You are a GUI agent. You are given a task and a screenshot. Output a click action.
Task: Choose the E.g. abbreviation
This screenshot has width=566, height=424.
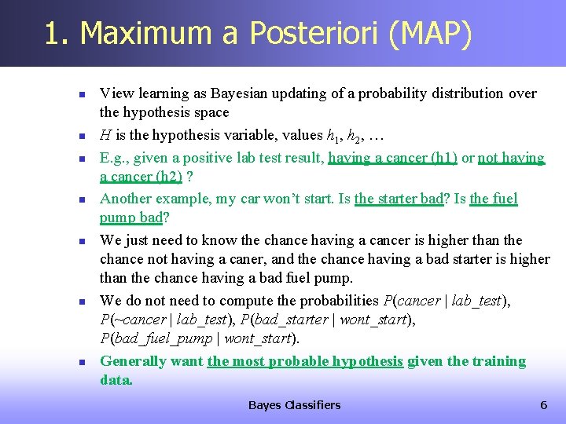point(114,158)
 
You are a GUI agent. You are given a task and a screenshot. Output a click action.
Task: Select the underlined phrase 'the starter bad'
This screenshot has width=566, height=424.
point(399,199)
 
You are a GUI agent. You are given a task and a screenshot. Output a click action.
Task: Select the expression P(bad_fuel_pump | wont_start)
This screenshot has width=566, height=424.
point(200,339)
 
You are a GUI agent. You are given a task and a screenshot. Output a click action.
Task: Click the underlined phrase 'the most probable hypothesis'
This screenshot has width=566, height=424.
point(305,361)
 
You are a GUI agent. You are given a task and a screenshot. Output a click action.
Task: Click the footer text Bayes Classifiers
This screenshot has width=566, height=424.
point(294,405)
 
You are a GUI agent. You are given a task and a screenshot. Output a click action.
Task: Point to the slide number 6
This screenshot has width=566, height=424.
point(542,405)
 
